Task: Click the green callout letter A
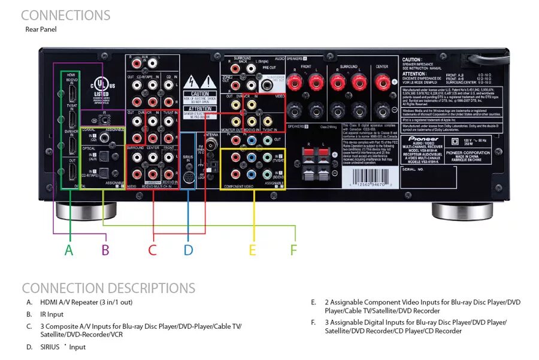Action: (69, 250)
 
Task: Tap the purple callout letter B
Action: (105, 250)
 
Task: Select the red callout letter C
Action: (153, 250)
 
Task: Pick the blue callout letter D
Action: (188, 250)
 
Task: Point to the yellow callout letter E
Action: (253, 250)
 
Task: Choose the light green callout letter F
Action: (293, 250)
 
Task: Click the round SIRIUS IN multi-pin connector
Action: (188, 178)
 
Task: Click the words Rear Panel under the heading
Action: (41, 29)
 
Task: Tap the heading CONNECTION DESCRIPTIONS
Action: (108, 288)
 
